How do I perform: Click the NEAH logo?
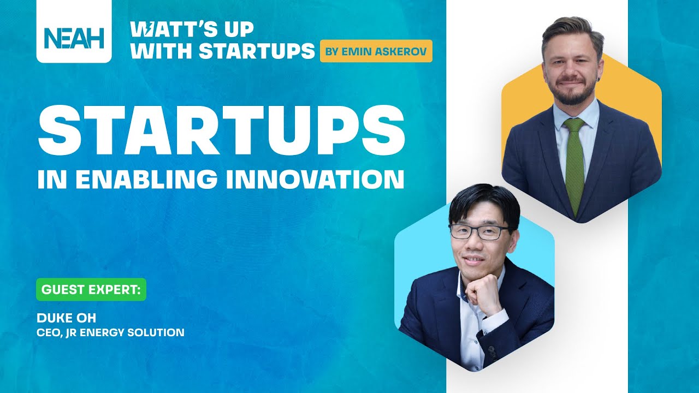click(74, 38)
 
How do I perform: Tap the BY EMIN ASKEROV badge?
click(376, 51)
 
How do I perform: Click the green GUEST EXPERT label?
click(91, 290)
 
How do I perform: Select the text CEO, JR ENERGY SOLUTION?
click(110, 332)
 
